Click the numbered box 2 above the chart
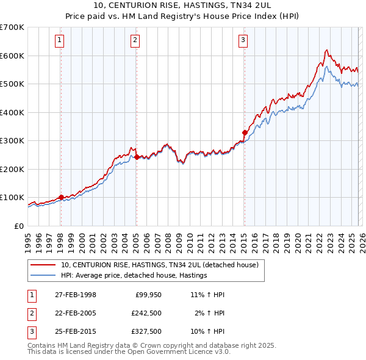[135, 41]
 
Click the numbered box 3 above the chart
[243, 41]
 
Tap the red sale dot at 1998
[61, 197]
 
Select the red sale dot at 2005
[136, 157]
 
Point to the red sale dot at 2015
[244, 132]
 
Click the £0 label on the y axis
[18, 226]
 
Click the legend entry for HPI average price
[134, 276]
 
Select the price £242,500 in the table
[146, 313]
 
